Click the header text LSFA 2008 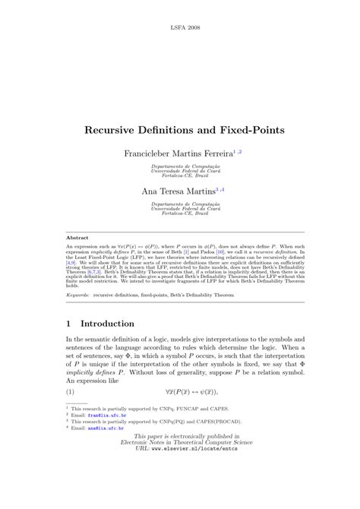pos(180,25)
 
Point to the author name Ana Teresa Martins pos(173,192)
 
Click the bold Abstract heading pos(77,238)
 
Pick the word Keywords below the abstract pos(79,292)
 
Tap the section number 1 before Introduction pos(69,323)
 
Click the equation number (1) pos(71,391)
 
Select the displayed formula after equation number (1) pos(180,391)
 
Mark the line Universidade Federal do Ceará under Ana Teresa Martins pos(180,208)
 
